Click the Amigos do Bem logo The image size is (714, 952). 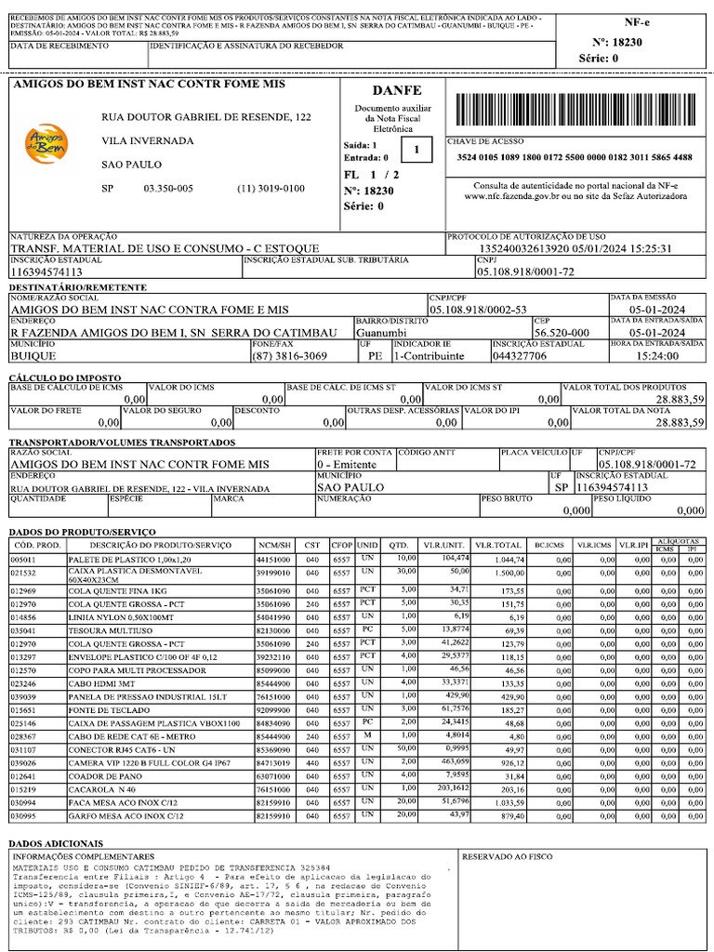(x=46, y=143)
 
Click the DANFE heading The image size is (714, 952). (x=397, y=90)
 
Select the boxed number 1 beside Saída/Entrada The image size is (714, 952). (x=416, y=150)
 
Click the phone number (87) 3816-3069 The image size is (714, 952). (x=289, y=356)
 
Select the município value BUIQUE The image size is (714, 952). (x=36, y=356)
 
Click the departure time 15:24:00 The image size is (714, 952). (x=657, y=356)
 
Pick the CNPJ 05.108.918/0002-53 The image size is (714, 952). (x=478, y=310)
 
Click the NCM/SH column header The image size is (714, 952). (x=275, y=545)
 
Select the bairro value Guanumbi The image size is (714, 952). (x=381, y=333)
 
